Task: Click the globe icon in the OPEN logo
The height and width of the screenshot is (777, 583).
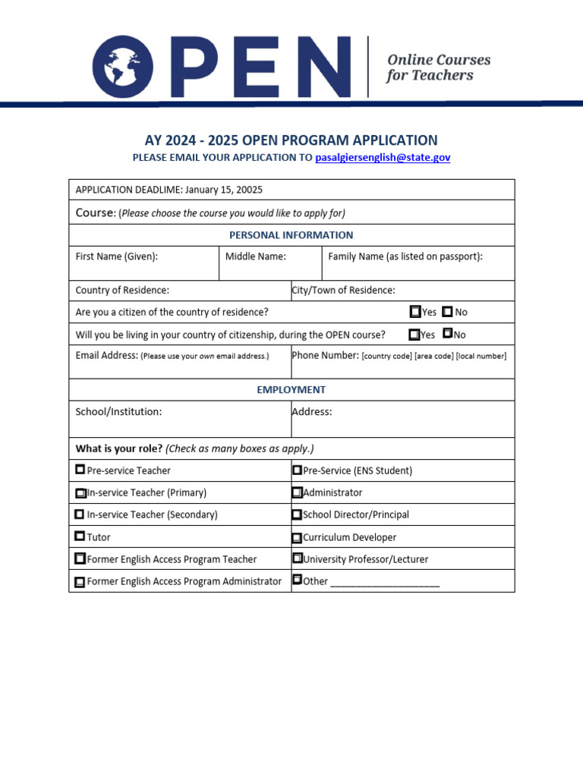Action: coord(123,67)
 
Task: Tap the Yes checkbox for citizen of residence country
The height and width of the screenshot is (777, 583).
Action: coord(415,311)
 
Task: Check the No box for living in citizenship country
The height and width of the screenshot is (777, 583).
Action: coord(447,333)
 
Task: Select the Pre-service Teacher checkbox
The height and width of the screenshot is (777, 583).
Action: coord(80,470)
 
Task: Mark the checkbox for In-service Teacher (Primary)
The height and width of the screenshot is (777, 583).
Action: coord(80,492)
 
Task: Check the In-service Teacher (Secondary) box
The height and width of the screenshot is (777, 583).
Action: coord(80,514)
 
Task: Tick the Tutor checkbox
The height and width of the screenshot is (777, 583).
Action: coord(80,536)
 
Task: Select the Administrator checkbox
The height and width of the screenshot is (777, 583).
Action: coord(297,492)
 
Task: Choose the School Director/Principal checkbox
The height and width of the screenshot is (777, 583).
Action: coord(297,514)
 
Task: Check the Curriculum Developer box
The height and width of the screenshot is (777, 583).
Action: coord(297,537)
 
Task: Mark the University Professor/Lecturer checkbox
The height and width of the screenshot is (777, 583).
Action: coord(297,558)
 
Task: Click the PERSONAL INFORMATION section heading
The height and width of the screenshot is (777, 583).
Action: coord(291,235)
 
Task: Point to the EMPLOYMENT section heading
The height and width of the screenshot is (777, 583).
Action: coord(291,389)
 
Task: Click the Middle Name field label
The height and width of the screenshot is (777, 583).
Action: coord(256,256)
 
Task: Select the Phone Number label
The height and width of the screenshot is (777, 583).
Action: coord(326,355)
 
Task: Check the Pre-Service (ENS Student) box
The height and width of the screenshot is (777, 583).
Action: coord(297,470)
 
